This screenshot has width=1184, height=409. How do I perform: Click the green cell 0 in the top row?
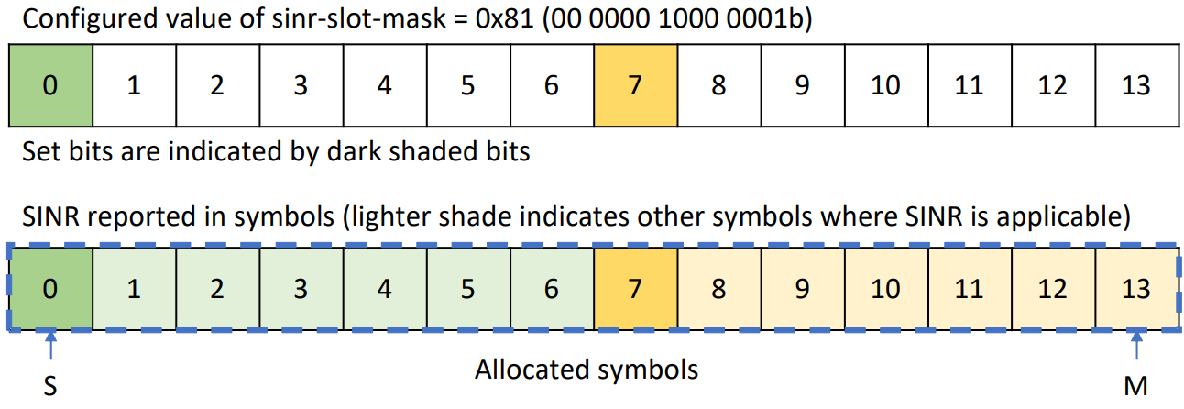tap(50, 85)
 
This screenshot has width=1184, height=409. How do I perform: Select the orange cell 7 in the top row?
tap(635, 85)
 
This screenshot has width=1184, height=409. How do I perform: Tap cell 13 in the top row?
tap(1135, 85)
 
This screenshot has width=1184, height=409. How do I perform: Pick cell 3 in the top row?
tap(301, 85)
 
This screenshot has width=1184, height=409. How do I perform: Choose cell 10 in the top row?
tap(885, 85)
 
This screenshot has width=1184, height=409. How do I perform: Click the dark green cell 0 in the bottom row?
tap(50, 288)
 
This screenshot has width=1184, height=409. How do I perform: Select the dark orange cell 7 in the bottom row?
tap(635, 288)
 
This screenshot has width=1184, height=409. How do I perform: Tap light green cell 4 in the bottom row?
tap(384, 288)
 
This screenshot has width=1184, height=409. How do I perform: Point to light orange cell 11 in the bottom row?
tap(969, 288)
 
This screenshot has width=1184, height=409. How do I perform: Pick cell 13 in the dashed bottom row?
tap(1135, 288)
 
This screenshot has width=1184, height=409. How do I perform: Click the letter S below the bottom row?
tap(50, 387)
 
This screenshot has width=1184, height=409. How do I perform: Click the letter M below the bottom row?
tap(1136, 387)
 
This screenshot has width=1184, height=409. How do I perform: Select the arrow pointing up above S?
tap(50, 349)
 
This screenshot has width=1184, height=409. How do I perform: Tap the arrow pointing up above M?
tap(1136, 349)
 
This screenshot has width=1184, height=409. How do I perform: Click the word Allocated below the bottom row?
tap(536, 370)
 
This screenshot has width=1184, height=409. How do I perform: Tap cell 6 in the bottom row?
tap(551, 288)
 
